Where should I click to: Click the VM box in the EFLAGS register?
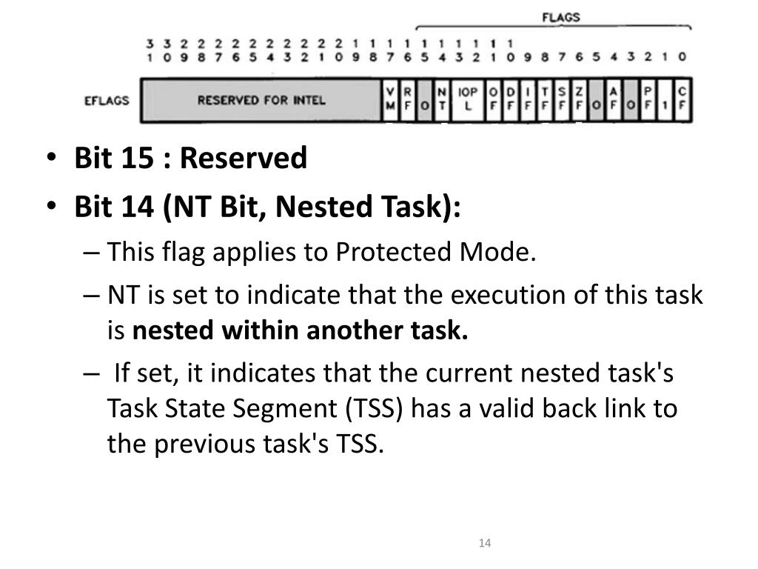[x=391, y=99]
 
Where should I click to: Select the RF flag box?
[x=408, y=99]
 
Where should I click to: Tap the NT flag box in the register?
[x=442, y=99]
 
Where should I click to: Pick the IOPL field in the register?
[x=468, y=99]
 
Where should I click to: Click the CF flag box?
[x=682, y=99]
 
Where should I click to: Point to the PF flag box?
[x=648, y=99]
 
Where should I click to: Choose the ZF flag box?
[x=580, y=99]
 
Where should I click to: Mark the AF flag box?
[x=614, y=99]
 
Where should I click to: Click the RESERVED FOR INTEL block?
[x=261, y=99]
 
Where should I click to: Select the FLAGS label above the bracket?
[x=560, y=16]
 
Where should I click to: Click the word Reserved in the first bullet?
[x=244, y=158]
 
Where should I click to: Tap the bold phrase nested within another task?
[x=301, y=331]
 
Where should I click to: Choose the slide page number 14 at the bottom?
[x=485, y=544]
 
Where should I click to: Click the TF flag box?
[x=546, y=99]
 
